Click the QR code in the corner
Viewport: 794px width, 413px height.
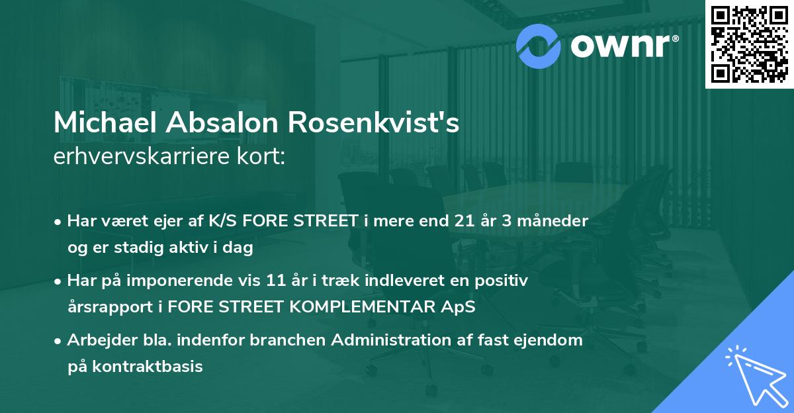coord(748,44)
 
